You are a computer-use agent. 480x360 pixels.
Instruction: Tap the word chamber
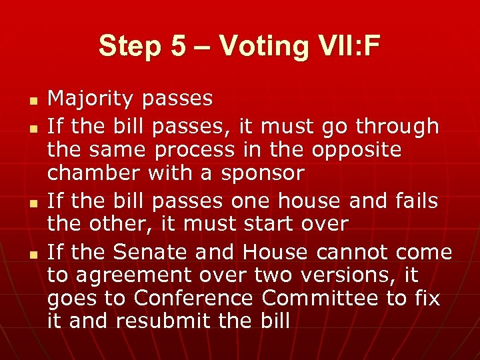click(x=93, y=173)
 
